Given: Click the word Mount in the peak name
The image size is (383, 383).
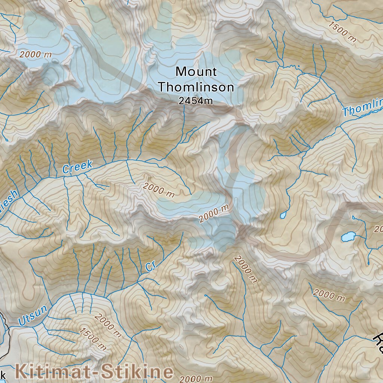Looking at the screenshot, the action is point(196,71).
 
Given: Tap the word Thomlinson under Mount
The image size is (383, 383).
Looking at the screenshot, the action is point(196,88).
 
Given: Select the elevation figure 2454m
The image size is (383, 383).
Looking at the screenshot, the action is point(196,101).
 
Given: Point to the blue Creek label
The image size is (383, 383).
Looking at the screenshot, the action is point(77,167).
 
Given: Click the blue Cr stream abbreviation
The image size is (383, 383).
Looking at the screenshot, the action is point(150,266).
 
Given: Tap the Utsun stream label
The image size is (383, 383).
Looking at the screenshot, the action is point(33,315).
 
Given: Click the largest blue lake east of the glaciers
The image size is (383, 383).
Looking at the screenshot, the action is point(349,236).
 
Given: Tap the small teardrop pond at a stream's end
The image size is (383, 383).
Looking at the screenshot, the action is point(283,215).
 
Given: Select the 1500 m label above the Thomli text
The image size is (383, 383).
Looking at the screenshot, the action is point(342,32).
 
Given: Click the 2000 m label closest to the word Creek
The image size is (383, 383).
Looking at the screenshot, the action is point(159,190).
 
